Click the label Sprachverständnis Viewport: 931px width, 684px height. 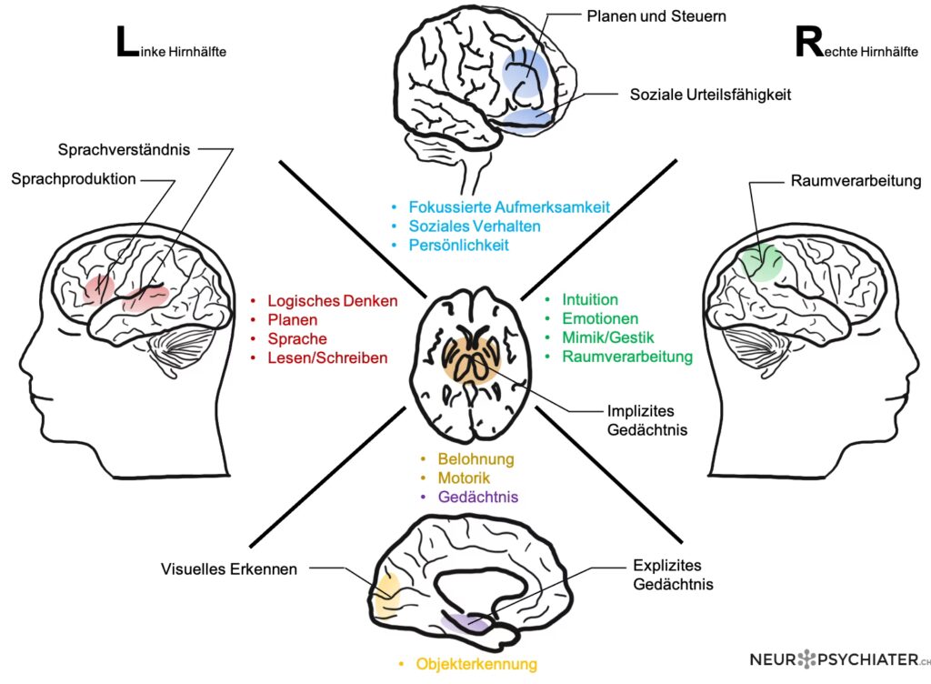124,149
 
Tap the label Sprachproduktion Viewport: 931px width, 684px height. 74,179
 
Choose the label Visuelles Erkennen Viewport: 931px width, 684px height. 229,569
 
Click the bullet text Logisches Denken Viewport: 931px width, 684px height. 332,301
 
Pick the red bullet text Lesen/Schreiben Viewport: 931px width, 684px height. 327,358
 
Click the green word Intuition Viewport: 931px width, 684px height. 590,299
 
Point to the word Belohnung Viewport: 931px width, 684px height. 476,459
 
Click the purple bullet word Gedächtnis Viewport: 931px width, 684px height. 478,497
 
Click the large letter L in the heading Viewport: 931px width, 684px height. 126,44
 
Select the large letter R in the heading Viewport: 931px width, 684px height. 808,44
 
